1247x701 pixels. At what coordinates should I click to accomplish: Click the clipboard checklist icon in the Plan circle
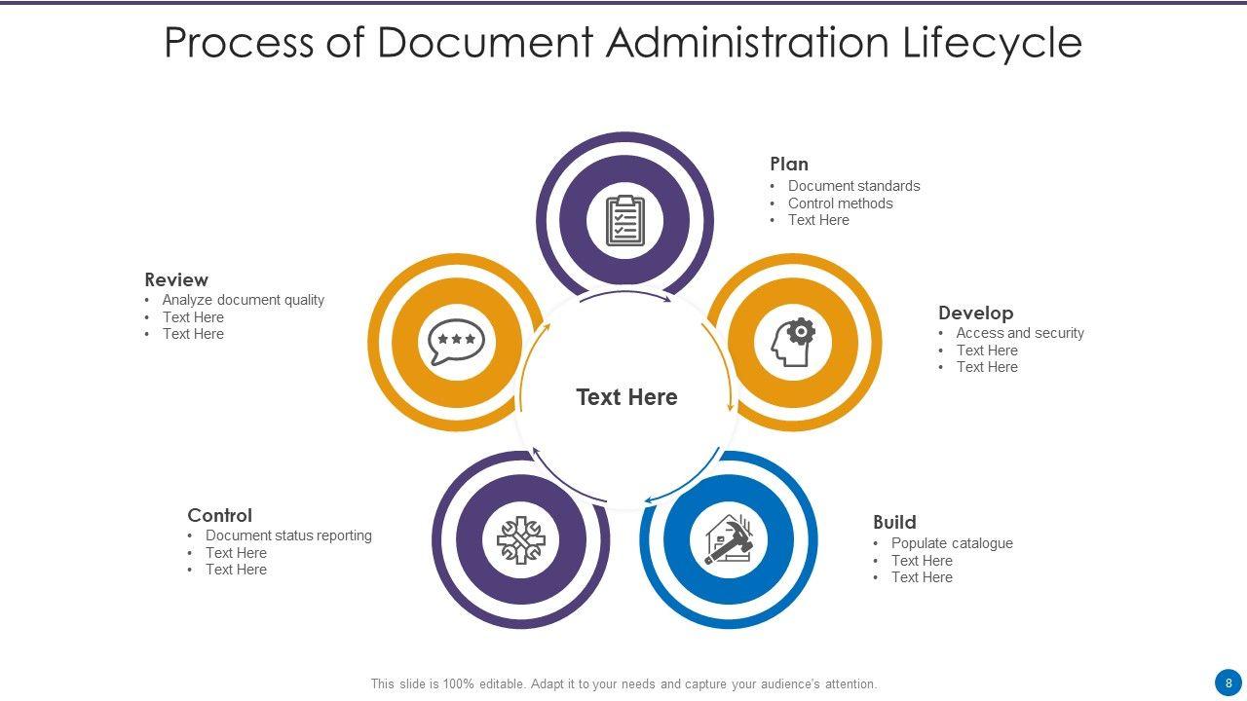pyautogui.click(x=624, y=221)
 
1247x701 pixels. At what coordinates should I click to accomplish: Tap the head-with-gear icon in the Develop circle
pyautogui.click(x=794, y=342)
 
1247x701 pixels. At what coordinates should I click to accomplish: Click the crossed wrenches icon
pyautogui.click(x=521, y=540)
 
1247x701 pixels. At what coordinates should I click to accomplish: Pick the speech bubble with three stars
pyautogui.click(x=456, y=342)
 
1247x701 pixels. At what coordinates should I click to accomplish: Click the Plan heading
pyautogui.click(x=789, y=164)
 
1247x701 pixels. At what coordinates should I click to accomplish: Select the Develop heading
pyautogui.click(x=975, y=313)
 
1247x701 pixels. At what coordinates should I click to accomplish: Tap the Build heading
pyautogui.click(x=894, y=522)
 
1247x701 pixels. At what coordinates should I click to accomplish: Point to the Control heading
pyautogui.click(x=219, y=515)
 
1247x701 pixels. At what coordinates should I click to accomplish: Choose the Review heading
pyautogui.click(x=176, y=279)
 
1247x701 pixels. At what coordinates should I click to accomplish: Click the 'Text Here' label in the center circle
pyautogui.click(x=626, y=397)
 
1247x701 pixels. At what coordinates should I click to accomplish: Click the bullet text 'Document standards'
pyautogui.click(x=853, y=186)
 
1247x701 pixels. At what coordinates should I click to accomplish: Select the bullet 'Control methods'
pyautogui.click(x=840, y=203)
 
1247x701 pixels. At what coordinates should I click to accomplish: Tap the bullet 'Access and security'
pyautogui.click(x=1020, y=333)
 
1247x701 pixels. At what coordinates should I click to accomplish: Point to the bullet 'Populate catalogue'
pyautogui.click(x=952, y=543)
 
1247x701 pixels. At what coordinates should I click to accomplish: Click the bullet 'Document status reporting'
pyautogui.click(x=288, y=535)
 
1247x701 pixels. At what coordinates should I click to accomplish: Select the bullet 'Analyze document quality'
pyautogui.click(x=243, y=300)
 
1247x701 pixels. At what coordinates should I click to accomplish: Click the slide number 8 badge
pyautogui.click(x=1228, y=683)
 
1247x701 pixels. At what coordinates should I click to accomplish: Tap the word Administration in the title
pyautogui.click(x=747, y=43)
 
